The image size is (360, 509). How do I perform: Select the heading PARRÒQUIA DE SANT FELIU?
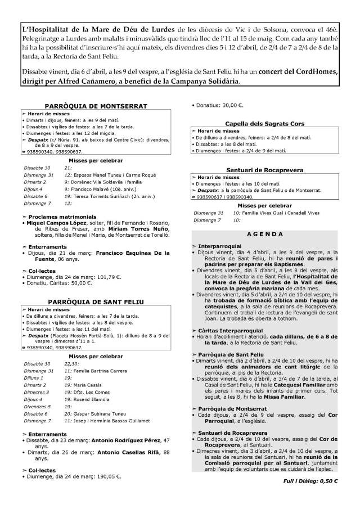pyautogui.click(x=96, y=302)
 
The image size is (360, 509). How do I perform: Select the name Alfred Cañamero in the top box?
pyautogui.click(x=82, y=81)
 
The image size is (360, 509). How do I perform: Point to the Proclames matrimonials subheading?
pyautogui.click(x=61, y=216)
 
